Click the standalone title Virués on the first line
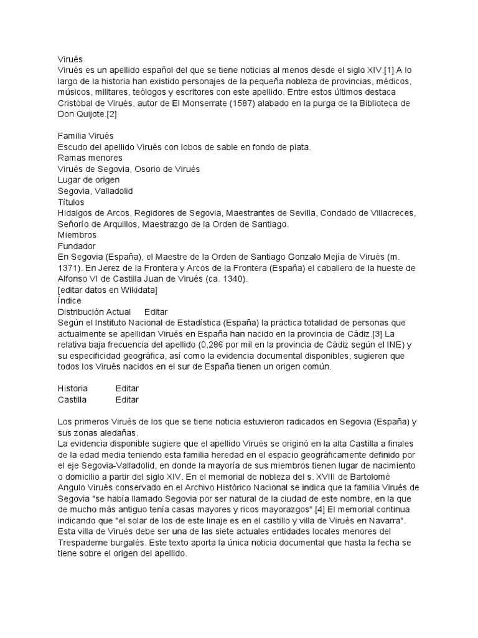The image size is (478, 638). tap(70, 59)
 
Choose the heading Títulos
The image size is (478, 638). tap(70, 202)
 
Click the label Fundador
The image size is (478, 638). tap(77, 246)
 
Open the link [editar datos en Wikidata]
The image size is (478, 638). tap(107, 290)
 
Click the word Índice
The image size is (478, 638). tap(70, 301)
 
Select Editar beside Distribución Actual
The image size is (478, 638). tap(156, 312)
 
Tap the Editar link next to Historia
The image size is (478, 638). tap(127, 388)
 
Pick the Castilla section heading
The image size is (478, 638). tap(72, 399)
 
